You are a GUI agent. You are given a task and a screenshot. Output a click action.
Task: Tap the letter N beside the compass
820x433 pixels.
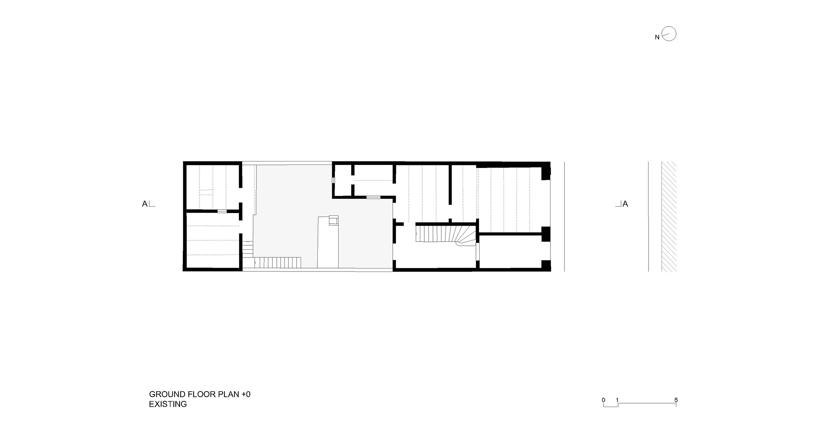coord(657,38)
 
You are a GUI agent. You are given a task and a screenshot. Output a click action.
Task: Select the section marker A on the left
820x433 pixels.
coord(145,204)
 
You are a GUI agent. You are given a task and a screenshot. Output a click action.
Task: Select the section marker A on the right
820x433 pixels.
coord(625,204)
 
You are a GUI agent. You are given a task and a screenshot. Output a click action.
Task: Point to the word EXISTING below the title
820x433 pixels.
coord(168,404)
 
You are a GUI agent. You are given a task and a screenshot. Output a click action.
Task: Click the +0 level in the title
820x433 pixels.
coord(246,394)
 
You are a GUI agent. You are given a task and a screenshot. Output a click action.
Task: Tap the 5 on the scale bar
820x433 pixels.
coord(676,400)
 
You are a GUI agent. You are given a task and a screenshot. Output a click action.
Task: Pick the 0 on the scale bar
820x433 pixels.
coord(604,400)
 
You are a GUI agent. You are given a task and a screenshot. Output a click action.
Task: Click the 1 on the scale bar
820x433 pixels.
coord(617,400)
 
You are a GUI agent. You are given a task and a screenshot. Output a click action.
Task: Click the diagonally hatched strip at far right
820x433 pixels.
coord(669,216)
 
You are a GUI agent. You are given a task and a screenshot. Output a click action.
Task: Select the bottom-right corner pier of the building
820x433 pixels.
coord(546,266)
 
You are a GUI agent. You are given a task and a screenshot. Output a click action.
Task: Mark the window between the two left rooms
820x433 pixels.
coord(222,211)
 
